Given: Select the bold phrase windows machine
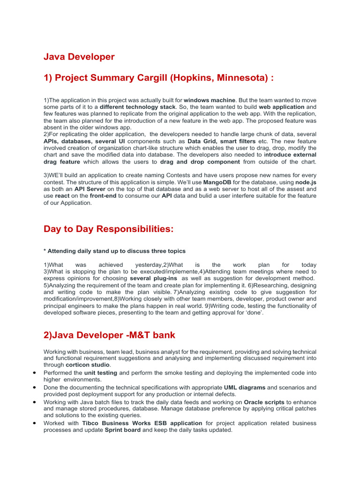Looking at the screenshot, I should point(210,100).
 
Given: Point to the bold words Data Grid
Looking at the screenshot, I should point(202,141).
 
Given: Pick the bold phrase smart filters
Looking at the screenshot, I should point(239,141).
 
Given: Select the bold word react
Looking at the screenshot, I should point(62,195).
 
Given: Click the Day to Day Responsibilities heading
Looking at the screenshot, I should point(108,229).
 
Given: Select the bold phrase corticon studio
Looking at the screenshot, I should point(87,364).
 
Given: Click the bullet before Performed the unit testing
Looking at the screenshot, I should point(35,373).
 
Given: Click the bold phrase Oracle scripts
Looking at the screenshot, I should point(264,402).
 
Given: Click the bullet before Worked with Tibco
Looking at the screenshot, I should point(35,423).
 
